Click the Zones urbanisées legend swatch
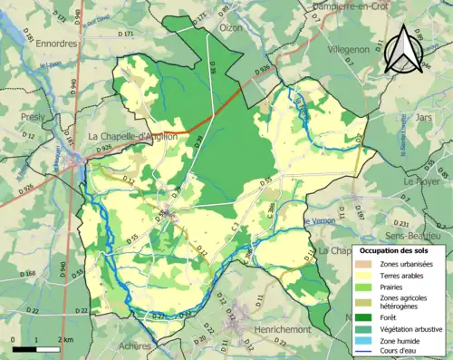[365, 264]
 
